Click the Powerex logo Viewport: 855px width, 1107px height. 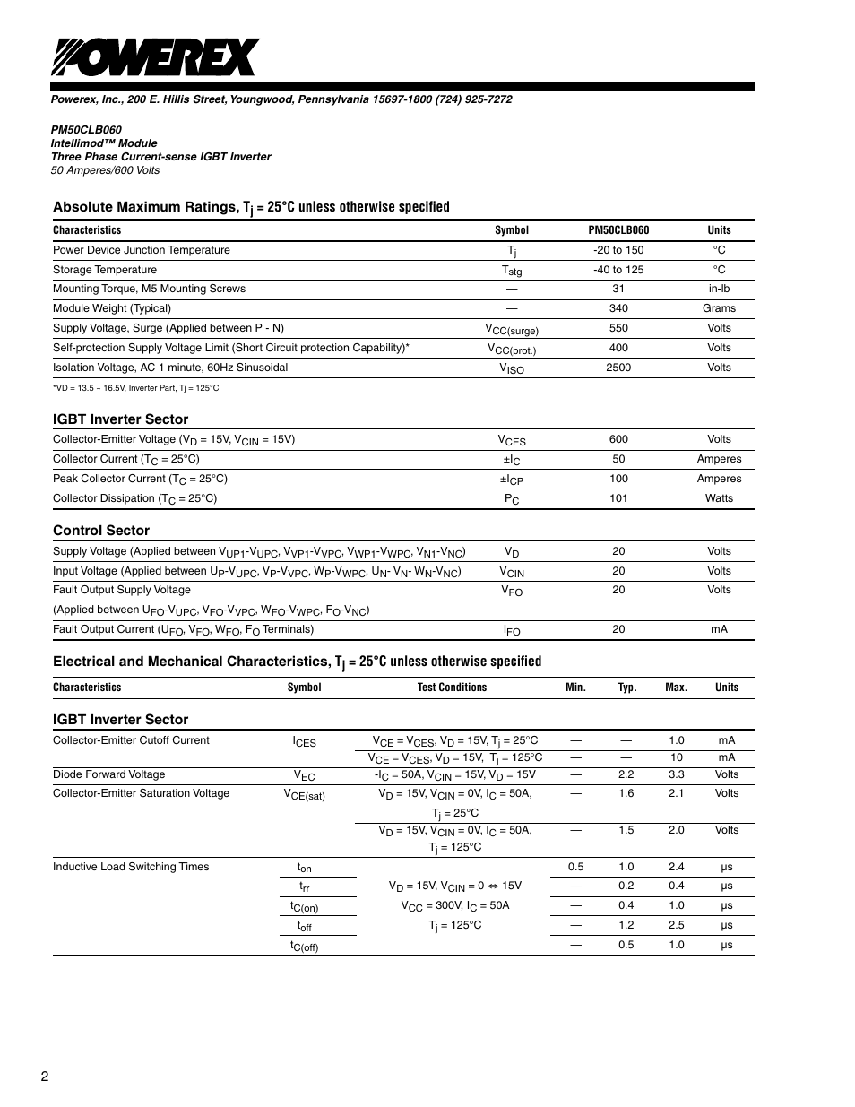tap(154, 58)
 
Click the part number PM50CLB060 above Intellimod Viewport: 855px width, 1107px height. tap(86, 130)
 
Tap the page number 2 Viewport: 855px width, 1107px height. tap(44, 1076)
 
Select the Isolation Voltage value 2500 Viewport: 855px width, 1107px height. tap(618, 368)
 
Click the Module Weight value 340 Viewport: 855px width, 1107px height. tap(618, 308)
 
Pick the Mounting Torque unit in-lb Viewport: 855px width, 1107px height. tap(719, 289)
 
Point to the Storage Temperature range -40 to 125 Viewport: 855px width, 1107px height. tap(618, 270)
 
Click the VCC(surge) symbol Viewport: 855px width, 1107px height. tap(512, 330)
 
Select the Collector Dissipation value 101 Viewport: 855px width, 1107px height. tap(618, 498)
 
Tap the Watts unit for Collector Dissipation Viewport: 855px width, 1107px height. tap(719, 498)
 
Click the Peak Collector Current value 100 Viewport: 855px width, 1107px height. tap(618, 479)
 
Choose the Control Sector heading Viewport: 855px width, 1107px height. tap(101, 531)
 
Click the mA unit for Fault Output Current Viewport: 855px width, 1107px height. tap(719, 629)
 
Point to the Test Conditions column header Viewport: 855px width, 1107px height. tap(452, 688)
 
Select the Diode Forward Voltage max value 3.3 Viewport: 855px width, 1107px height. tap(676, 774)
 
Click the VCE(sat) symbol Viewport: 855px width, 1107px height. tap(304, 794)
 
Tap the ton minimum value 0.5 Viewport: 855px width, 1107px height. tap(575, 867)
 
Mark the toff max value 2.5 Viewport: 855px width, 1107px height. tap(676, 925)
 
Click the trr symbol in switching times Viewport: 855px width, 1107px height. tap(305, 886)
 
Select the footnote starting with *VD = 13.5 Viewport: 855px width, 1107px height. tap(135, 388)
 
